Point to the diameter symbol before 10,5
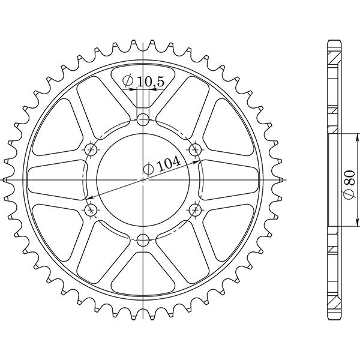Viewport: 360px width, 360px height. point(128,82)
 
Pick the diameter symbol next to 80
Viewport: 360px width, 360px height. point(350,194)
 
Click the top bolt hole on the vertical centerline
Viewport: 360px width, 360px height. point(142,119)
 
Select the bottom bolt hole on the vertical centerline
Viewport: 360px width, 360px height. point(142,241)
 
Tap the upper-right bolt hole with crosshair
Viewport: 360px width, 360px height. point(194,149)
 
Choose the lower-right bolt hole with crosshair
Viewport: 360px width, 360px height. point(194,209)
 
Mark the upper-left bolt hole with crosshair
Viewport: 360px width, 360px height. point(91,149)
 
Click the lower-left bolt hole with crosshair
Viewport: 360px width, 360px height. point(91,209)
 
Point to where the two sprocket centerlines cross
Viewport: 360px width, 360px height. point(143,179)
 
